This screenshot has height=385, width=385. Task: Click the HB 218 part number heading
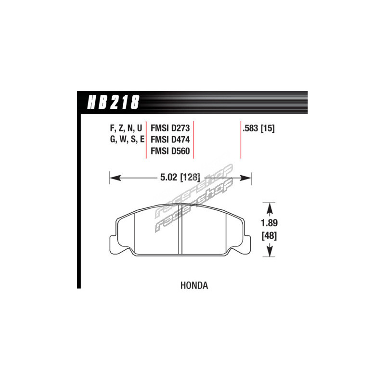click(113, 102)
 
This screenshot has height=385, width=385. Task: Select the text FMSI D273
click(170, 128)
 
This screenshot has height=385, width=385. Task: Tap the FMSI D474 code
click(170, 140)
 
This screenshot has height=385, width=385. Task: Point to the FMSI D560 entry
click(170, 151)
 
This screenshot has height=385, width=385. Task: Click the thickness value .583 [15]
click(258, 128)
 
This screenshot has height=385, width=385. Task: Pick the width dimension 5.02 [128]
click(180, 177)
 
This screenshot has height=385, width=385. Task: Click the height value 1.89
click(269, 223)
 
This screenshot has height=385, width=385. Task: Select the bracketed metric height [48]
click(269, 236)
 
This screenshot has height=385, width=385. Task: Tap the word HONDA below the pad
click(194, 285)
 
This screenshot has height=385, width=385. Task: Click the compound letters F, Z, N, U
click(126, 128)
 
